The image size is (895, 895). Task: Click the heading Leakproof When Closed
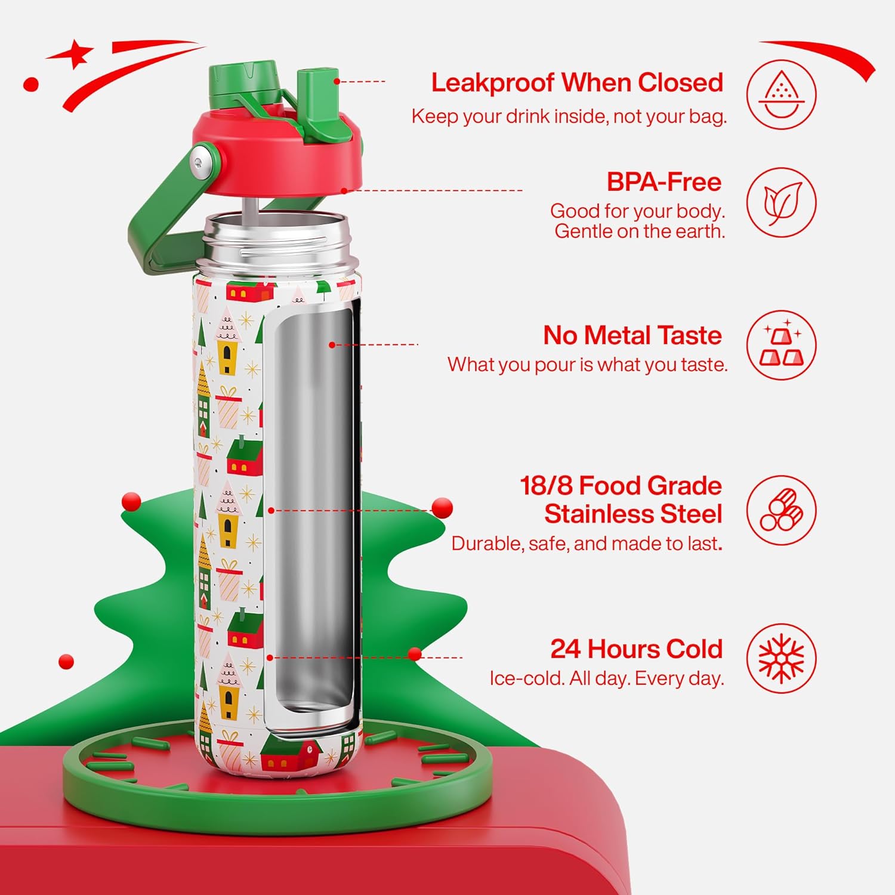(577, 83)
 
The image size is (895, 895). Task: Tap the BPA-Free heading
(664, 182)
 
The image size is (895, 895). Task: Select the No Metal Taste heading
(632, 335)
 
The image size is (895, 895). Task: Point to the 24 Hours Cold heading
(636, 649)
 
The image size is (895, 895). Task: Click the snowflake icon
(781, 659)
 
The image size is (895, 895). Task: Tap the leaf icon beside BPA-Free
(781, 202)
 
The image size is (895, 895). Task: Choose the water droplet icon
(781, 95)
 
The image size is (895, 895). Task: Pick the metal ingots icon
(781, 345)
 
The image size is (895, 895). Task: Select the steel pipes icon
(781, 511)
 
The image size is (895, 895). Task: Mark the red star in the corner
(75, 54)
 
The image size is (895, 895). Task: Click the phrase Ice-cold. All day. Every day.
(606, 678)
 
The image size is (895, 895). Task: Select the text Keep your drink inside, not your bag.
(569, 116)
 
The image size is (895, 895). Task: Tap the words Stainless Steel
(632, 514)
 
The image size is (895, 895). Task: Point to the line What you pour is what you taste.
(587, 365)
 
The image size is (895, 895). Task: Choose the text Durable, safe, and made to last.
(587, 544)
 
